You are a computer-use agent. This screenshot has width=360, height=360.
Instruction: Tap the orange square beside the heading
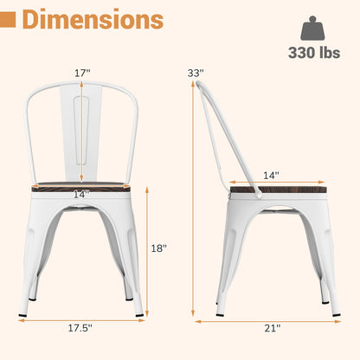click(10, 19)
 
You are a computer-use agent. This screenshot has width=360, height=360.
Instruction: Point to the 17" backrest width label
click(81, 74)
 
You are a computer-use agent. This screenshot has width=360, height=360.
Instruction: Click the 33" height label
click(197, 74)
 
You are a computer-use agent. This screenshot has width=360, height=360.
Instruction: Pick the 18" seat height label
click(157, 247)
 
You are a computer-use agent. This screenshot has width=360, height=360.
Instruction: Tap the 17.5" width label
click(80, 329)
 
